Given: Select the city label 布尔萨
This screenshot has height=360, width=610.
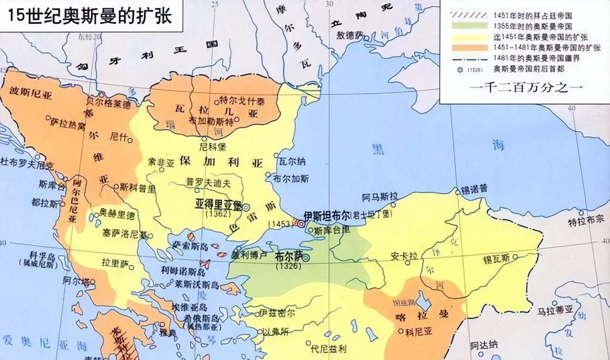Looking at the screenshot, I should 288,256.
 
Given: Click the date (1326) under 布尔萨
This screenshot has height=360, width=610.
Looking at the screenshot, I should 288,266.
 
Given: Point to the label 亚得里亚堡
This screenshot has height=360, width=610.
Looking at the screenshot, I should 219,204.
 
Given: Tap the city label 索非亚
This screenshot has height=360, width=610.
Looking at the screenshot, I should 162,162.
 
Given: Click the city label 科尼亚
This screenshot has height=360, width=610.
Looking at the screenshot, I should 418,330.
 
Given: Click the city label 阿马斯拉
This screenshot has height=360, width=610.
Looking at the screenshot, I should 380,196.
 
